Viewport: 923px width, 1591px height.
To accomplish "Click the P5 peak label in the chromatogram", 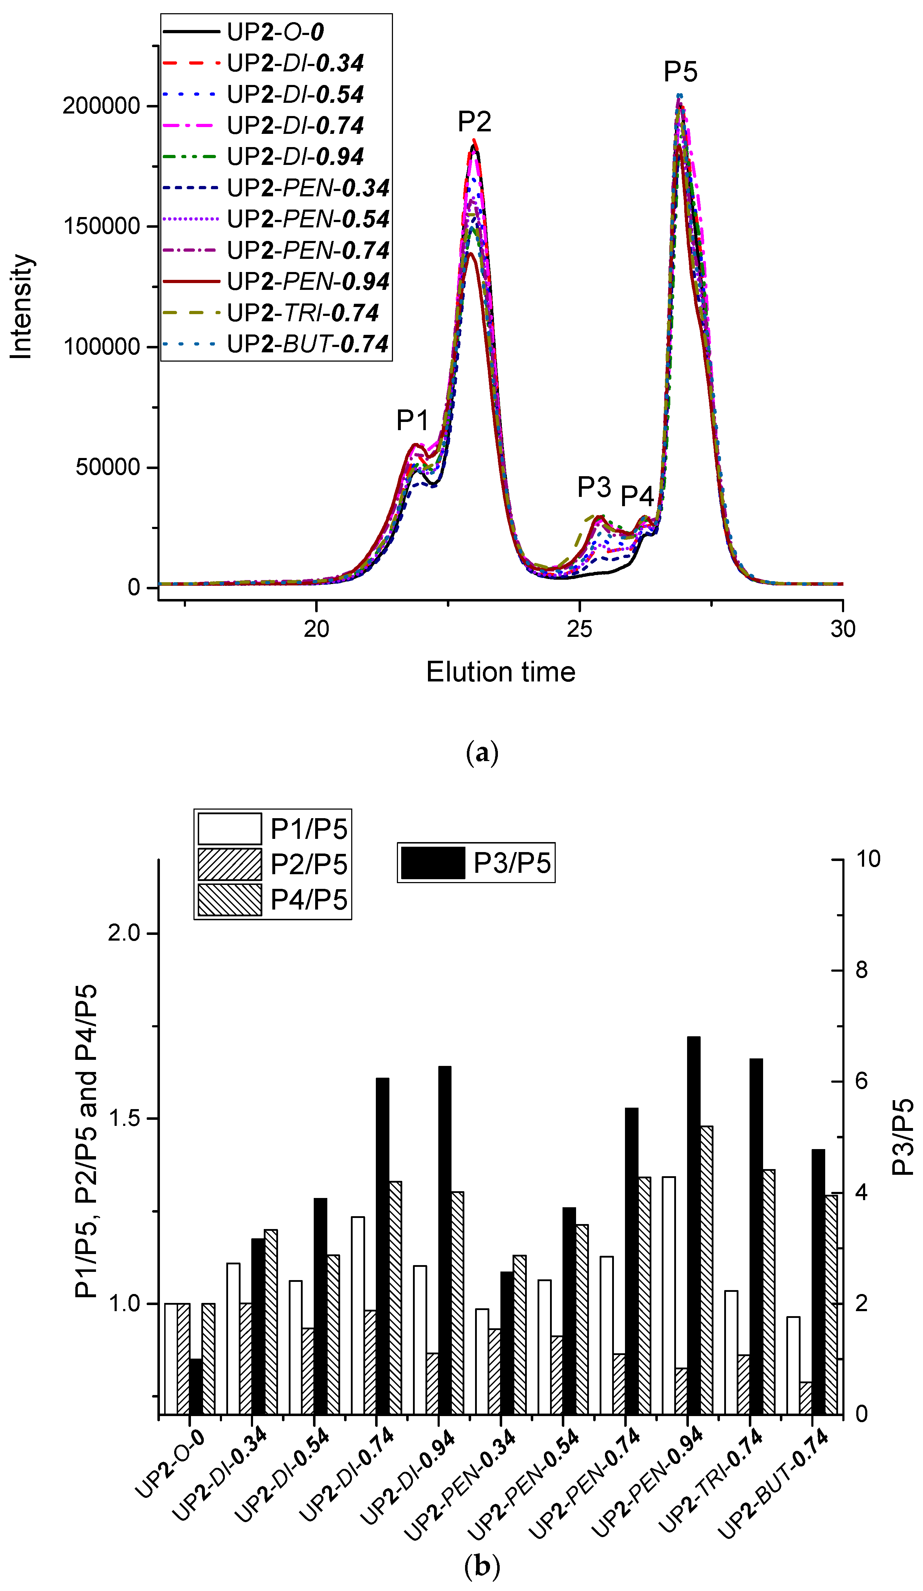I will (680, 72).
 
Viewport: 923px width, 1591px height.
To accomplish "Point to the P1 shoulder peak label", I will (412, 420).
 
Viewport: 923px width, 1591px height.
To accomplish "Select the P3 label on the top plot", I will (594, 487).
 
